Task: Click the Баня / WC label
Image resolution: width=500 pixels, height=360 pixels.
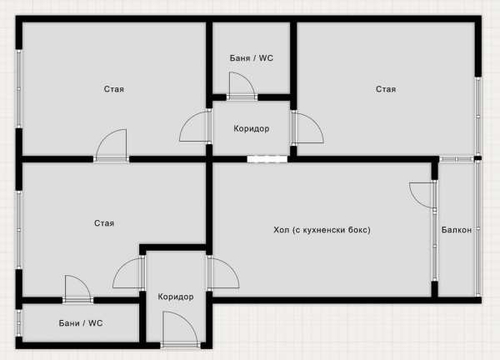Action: tap(252, 58)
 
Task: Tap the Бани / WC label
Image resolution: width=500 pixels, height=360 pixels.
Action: tap(81, 323)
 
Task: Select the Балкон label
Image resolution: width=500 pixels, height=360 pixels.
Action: tap(457, 230)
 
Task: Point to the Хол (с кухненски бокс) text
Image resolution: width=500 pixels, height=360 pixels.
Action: tap(322, 230)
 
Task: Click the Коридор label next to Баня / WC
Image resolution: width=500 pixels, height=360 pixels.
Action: tap(252, 129)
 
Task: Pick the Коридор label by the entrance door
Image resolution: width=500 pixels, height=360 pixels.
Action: tap(175, 297)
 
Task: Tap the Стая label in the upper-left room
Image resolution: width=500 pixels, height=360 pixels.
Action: tap(114, 89)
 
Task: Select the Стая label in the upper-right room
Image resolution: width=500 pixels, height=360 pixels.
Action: tap(386, 89)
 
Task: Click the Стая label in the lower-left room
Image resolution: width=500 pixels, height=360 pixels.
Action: tap(104, 223)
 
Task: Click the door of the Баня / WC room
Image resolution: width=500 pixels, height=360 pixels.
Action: tap(242, 86)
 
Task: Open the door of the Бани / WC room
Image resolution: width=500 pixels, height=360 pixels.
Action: tap(77, 289)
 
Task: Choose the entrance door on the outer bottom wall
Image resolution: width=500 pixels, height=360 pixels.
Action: tap(181, 329)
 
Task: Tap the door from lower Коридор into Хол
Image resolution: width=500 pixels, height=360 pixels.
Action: tap(222, 272)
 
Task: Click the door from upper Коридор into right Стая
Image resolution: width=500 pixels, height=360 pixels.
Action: tap(307, 127)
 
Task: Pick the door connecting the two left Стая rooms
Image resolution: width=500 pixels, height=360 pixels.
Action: tap(112, 146)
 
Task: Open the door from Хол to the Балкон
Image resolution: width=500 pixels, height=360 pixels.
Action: tap(423, 195)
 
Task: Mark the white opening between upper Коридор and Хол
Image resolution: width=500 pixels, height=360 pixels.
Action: tap(267, 159)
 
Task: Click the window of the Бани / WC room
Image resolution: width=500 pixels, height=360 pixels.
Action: tap(19, 322)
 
